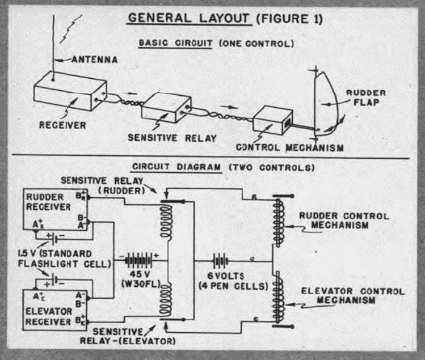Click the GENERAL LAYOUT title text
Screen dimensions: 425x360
point(188,18)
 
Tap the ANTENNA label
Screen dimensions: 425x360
point(95,60)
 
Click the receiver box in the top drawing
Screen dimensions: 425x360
point(70,91)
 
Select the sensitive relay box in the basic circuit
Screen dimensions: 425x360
point(166,108)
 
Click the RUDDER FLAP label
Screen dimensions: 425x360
point(366,98)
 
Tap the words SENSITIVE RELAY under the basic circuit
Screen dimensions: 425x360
point(172,138)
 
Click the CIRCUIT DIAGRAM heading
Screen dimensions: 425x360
point(176,167)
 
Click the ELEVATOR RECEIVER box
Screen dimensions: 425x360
point(55,310)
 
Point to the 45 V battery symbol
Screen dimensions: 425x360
point(139,260)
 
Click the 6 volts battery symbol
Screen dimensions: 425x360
point(220,261)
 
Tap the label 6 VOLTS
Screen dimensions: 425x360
point(225,276)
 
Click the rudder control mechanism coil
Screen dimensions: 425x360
point(279,222)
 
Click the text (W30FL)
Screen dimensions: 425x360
point(141,284)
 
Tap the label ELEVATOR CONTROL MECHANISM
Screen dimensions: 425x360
point(352,296)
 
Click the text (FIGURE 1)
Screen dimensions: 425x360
point(289,19)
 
